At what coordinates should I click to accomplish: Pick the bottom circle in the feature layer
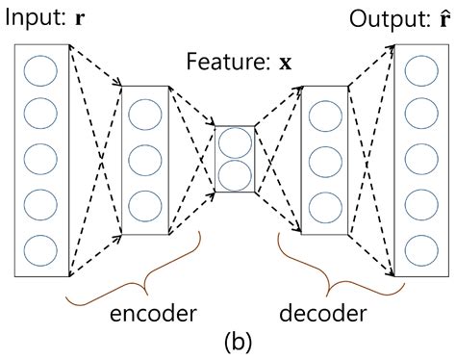[234, 175]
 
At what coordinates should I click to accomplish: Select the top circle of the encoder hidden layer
[145, 115]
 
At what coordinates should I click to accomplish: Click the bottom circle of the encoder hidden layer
[145, 205]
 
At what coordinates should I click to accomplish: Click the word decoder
[322, 315]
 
